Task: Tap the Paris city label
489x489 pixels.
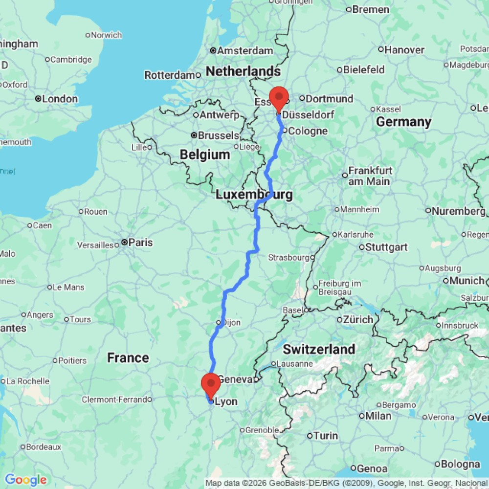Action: click(x=140, y=243)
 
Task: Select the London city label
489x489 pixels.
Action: click(x=60, y=99)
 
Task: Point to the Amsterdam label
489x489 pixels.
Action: click(x=244, y=50)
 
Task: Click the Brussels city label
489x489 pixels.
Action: click(x=218, y=135)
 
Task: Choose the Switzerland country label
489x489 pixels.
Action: click(x=319, y=349)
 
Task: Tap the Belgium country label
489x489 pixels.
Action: click(x=204, y=155)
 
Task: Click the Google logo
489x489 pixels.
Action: click(x=25, y=480)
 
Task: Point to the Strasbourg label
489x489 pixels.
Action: click(x=288, y=257)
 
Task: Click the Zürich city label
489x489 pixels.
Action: click(x=359, y=319)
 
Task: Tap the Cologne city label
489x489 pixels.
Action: click(x=308, y=131)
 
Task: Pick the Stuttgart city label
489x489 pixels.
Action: click(x=386, y=247)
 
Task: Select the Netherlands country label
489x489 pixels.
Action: click(x=243, y=71)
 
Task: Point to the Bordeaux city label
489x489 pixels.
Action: click(x=44, y=446)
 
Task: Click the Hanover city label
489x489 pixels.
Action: click(x=404, y=49)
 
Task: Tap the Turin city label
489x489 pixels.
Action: click(x=326, y=435)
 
